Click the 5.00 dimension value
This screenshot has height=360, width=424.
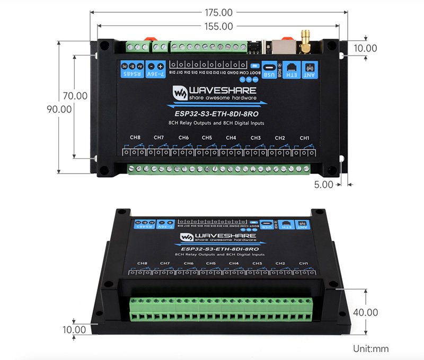323,185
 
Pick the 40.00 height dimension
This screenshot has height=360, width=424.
365,312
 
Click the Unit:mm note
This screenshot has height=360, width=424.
370,349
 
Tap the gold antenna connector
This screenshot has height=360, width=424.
306,41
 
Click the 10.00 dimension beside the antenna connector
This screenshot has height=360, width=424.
365,48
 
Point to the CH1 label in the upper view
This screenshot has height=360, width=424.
304,138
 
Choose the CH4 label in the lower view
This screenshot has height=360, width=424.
234,263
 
